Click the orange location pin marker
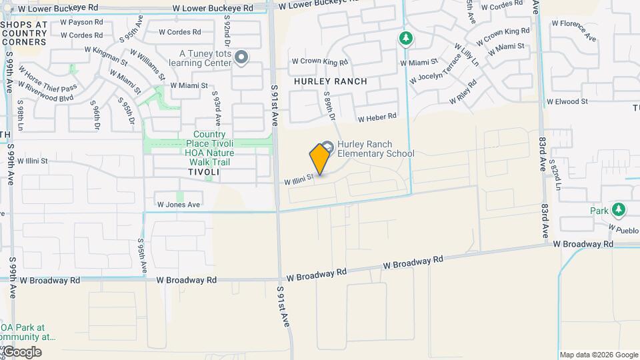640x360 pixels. point(320,159)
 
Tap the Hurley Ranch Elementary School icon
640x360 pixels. point(327,147)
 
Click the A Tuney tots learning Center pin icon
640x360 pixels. point(241,59)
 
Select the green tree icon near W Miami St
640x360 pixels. point(405,39)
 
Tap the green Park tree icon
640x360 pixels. point(619,210)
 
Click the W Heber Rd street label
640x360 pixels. point(377,118)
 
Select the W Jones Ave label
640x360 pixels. point(178,205)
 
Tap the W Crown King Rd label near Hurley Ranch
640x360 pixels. point(320,62)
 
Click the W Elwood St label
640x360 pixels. point(567,102)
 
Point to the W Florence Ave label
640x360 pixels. point(573,31)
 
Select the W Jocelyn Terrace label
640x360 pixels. point(435,69)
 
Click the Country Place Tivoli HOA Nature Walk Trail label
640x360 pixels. point(205,148)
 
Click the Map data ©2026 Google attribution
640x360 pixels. point(599,355)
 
